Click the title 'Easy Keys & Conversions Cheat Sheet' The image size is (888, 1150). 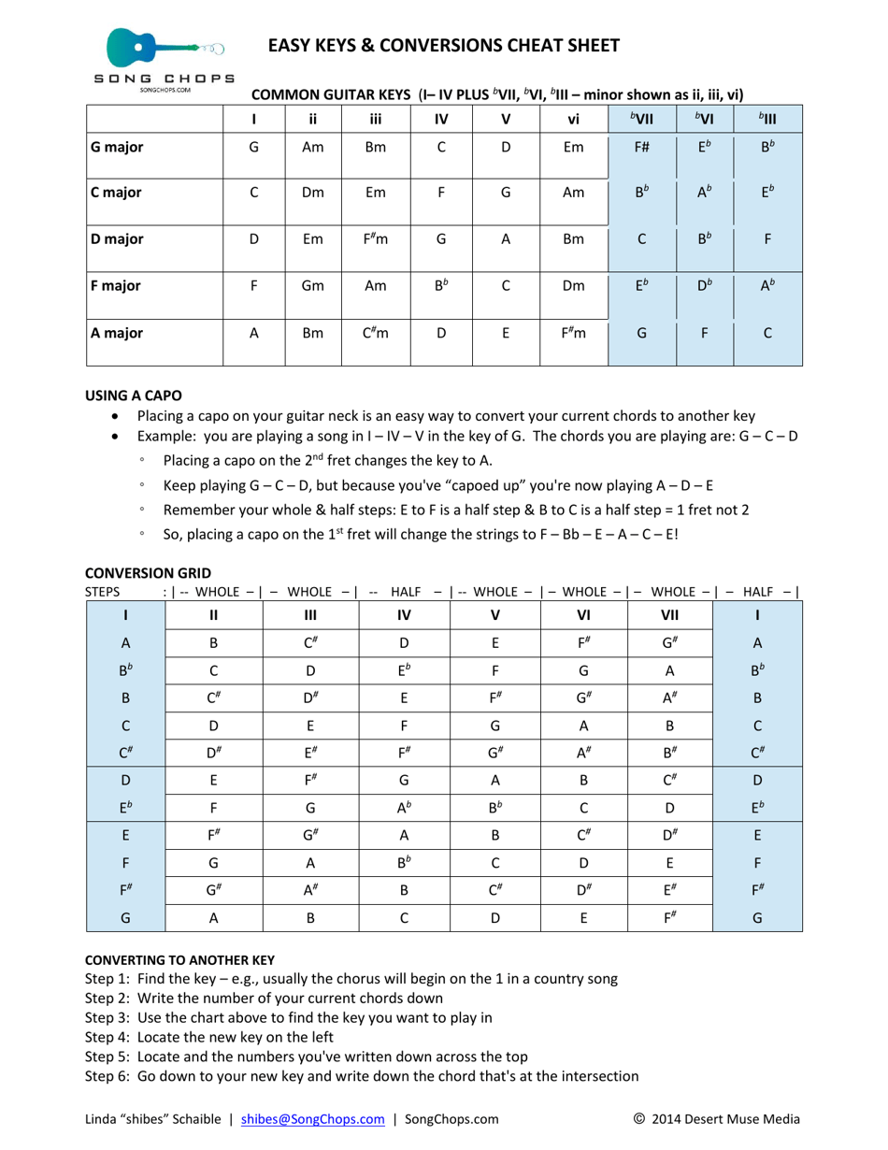point(444,45)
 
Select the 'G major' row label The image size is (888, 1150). point(117,147)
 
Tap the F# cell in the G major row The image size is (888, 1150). point(641,147)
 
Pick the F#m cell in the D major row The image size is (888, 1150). point(376,238)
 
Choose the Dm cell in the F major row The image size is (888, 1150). point(573,286)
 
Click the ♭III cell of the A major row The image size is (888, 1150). point(767,331)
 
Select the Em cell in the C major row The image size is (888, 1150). point(376,193)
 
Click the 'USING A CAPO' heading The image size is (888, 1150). point(134,395)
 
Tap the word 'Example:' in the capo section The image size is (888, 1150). point(167,438)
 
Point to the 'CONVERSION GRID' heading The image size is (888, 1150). point(148,572)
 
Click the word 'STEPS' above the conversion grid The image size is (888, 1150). point(103,591)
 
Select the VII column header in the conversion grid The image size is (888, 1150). point(669,615)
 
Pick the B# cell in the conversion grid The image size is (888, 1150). point(669,753)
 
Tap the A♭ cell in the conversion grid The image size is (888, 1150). point(404,808)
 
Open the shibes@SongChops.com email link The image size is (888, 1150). point(312,1118)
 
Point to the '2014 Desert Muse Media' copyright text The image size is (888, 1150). point(725,1118)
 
